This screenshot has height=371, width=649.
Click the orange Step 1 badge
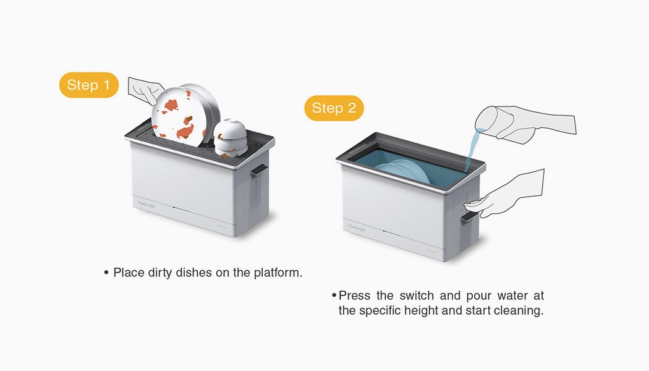pos(89,85)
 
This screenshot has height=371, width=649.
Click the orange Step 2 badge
pos(334,108)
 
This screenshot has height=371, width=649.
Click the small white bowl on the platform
pos(231,137)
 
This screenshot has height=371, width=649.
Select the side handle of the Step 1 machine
pos(258,170)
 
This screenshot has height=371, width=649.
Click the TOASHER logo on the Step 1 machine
pos(146,205)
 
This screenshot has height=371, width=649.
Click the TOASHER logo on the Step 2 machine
pos(356,228)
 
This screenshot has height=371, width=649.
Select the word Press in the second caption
pos(354,296)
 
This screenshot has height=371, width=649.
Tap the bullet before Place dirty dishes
pos(106,273)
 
